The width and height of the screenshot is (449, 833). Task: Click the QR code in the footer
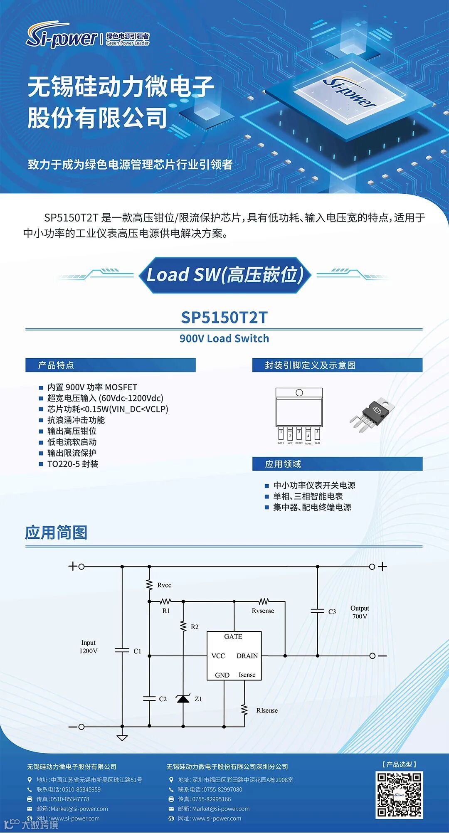(399, 795)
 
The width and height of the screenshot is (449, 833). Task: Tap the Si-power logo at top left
(62, 37)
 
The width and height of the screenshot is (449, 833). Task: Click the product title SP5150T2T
(224, 318)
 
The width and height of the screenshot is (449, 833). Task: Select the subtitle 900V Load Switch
(224, 338)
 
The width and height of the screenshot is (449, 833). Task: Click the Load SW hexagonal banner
(224, 275)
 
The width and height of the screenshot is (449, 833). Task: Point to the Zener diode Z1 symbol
(183, 699)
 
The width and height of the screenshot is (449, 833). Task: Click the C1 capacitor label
(138, 651)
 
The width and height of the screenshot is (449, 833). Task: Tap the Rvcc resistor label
(164, 585)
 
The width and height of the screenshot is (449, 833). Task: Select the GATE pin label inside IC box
(233, 637)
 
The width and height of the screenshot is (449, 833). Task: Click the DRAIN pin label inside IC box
(247, 656)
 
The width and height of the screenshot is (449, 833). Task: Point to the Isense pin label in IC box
(247, 675)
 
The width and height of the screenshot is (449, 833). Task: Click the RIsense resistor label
(267, 710)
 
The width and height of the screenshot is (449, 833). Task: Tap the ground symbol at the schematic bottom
(122, 738)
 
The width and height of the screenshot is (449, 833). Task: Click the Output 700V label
(360, 612)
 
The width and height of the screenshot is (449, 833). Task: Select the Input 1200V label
(88, 647)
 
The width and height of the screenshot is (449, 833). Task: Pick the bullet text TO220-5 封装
(73, 464)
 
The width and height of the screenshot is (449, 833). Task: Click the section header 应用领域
(283, 464)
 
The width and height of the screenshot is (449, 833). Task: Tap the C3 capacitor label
(332, 612)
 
